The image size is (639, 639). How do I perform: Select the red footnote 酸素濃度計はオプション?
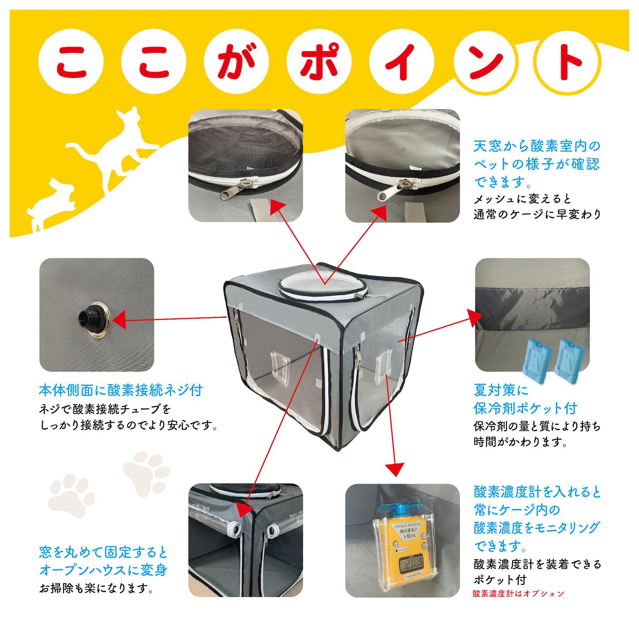(x=518, y=593)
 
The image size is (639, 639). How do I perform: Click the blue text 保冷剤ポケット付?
(x=525, y=408)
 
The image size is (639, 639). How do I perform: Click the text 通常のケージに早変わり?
(x=537, y=214)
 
